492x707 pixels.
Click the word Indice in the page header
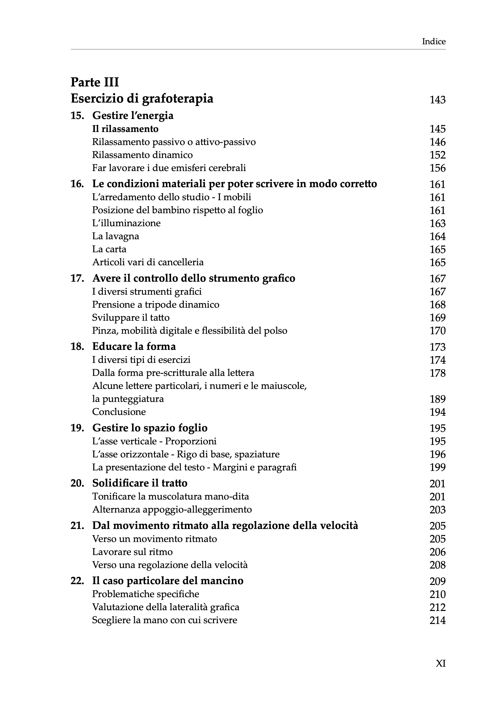(433, 42)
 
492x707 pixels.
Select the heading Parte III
(95, 82)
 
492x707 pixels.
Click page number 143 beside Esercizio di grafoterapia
(438, 100)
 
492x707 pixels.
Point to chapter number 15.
(77, 116)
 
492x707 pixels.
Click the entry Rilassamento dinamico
(142, 155)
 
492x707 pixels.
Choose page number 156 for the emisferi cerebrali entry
(438, 168)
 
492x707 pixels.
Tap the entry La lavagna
(116, 236)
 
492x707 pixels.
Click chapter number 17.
(77, 278)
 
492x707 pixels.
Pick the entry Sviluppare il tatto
(131, 318)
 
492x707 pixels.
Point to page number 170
(438, 331)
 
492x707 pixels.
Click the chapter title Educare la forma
(134, 347)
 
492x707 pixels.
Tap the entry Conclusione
(119, 412)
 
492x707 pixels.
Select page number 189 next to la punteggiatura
(438, 399)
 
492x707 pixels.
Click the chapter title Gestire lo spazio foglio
(150, 428)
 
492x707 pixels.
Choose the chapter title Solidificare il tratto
(140, 483)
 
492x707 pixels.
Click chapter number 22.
(77, 581)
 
